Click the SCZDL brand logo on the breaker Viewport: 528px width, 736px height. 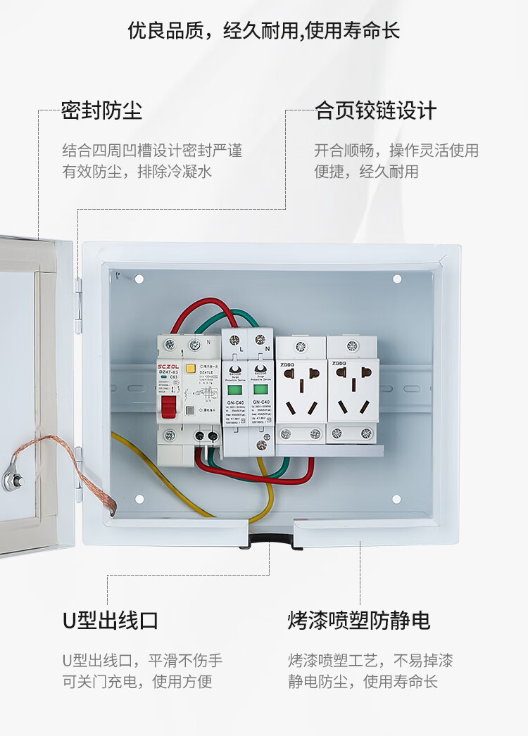(170, 365)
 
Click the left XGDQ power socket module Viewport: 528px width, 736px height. (301, 391)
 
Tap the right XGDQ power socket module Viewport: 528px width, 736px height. (353, 391)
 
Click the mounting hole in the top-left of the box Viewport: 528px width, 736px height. (139, 279)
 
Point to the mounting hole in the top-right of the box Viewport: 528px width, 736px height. (396, 279)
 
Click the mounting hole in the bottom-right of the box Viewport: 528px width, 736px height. (396, 499)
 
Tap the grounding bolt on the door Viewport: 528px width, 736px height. (11, 481)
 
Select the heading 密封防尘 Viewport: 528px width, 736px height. (101, 110)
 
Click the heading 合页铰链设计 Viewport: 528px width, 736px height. (375, 110)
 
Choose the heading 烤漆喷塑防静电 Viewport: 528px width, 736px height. (358, 620)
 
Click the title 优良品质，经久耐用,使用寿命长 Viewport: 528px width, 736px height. (264, 31)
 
